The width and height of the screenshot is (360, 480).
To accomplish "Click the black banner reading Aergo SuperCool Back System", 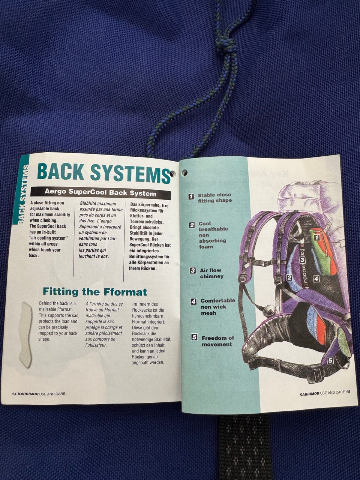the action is (x=100, y=192).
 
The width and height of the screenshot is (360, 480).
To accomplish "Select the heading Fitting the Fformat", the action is (x=94, y=292).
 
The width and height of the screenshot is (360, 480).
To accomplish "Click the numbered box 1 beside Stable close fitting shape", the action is (x=191, y=196).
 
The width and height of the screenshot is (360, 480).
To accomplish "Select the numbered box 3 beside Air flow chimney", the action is (x=193, y=270).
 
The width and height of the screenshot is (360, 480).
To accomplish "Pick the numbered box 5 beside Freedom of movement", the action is (x=194, y=337).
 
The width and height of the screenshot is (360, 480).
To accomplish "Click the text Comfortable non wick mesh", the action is (x=218, y=307).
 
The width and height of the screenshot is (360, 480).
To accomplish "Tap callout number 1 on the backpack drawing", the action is (x=317, y=237).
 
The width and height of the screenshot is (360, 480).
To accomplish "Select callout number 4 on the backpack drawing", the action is (x=316, y=279).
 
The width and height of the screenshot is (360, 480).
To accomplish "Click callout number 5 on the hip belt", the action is (x=330, y=360).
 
